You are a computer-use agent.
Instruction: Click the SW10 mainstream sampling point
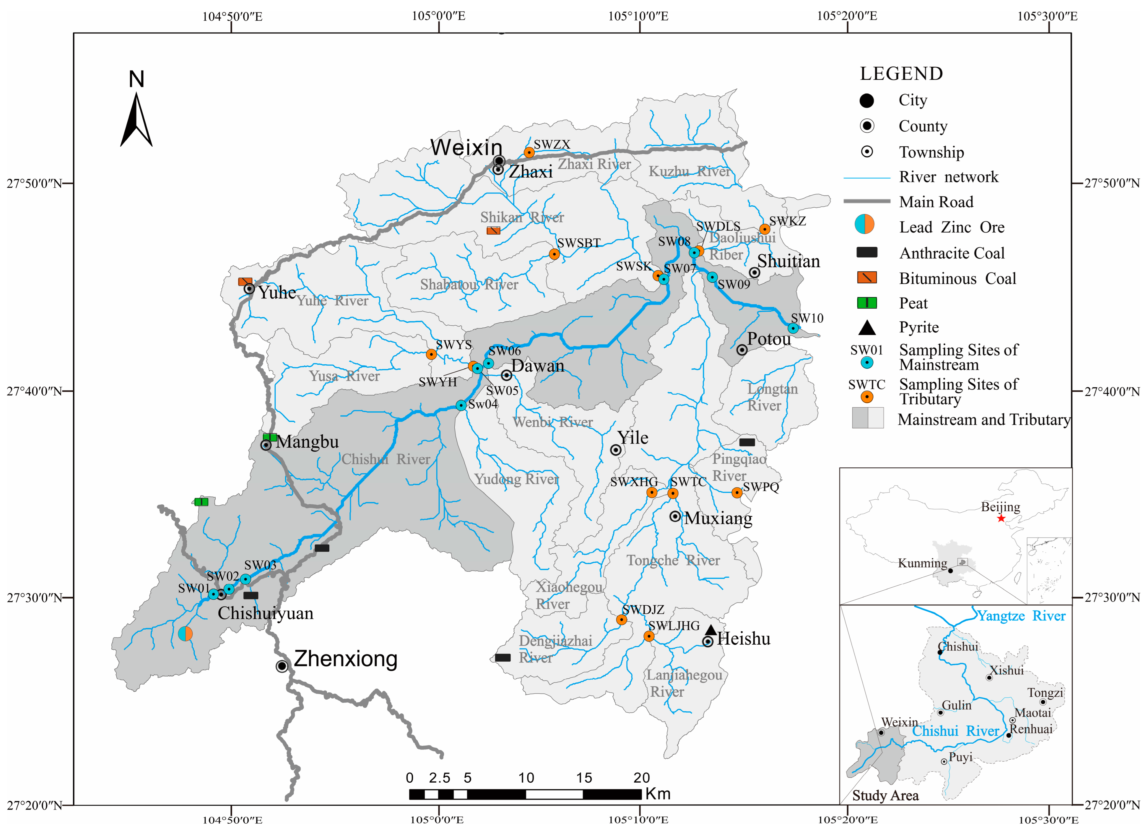click(793, 328)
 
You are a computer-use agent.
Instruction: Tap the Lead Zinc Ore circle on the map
click(185, 634)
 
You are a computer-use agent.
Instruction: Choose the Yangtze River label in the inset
click(1021, 616)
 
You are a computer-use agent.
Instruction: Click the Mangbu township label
click(307, 442)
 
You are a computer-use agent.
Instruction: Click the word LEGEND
click(901, 74)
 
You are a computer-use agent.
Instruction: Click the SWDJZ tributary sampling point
click(621, 620)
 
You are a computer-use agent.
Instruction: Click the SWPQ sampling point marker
click(737, 493)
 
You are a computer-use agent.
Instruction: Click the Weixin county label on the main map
click(466, 147)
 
